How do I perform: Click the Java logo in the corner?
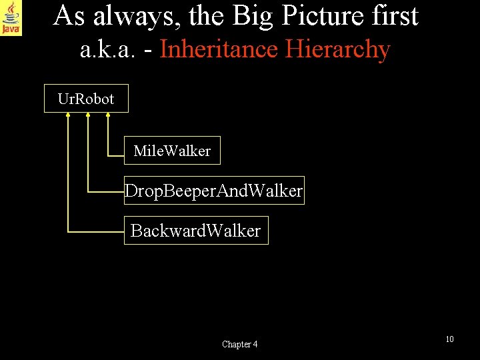click(x=11, y=18)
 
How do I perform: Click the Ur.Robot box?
click(x=86, y=99)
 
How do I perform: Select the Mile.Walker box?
click(x=172, y=151)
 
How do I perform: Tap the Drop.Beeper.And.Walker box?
click(x=214, y=191)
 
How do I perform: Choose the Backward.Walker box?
click(x=196, y=231)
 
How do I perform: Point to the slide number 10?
click(x=449, y=339)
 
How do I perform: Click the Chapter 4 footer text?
click(x=240, y=344)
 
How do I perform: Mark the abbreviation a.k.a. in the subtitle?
click(x=108, y=50)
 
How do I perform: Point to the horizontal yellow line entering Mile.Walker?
click(x=117, y=155)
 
